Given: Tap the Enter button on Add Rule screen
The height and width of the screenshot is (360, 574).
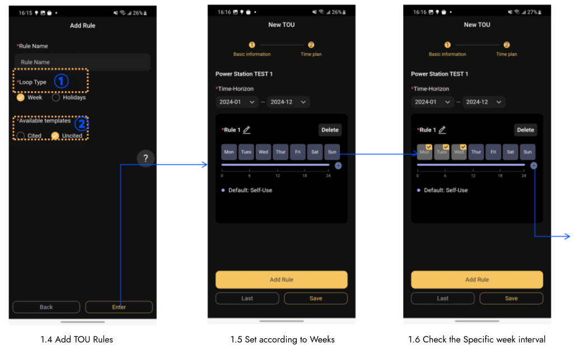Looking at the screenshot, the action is [x=119, y=307].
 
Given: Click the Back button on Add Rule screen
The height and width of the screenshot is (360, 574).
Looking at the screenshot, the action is [x=46, y=307].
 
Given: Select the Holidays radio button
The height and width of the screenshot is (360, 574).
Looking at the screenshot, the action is [x=55, y=97].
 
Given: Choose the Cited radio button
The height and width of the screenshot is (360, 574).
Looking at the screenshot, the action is [x=21, y=135].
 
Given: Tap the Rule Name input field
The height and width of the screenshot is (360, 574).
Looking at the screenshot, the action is [x=83, y=62].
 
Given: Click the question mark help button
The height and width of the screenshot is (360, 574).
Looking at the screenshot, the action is [x=146, y=158].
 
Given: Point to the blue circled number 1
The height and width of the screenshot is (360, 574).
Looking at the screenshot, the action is [x=61, y=81].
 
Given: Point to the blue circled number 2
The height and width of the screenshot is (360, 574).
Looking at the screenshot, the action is [x=82, y=124].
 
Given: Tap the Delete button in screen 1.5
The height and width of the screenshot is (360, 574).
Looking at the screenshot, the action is [x=330, y=130].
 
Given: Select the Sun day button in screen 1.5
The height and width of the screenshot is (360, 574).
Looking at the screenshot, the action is [x=332, y=152].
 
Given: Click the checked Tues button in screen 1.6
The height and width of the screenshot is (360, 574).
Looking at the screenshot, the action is [x=441, y=152].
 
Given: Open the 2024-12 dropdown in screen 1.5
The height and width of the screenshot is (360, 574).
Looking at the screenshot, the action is [x=288, y=102].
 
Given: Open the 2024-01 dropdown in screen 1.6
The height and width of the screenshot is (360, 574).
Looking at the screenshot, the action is [x=432, y=102].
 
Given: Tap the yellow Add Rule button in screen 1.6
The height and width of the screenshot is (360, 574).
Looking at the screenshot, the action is [x=477, y=279].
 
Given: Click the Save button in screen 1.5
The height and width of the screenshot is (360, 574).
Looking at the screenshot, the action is [x=315, y=298].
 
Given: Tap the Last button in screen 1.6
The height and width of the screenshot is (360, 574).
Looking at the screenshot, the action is [x=442, y=298].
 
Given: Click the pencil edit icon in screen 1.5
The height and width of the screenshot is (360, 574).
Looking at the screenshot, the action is [x=247, y=130].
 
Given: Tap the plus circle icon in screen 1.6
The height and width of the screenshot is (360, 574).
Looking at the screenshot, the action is [x=534, y=166].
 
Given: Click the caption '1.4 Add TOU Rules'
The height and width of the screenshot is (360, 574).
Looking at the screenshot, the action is [x=77, y=339].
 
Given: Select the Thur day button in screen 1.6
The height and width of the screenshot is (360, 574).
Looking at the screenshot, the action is [x=476, y=152].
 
